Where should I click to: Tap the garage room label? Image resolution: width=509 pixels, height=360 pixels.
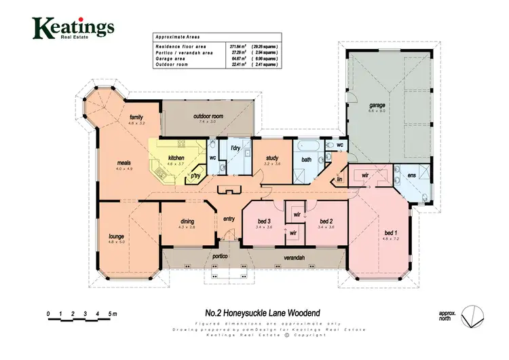tap(377, 106)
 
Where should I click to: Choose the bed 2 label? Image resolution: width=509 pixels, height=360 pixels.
tap(326, 221)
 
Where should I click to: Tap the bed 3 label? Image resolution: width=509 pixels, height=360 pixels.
tap(264, 221)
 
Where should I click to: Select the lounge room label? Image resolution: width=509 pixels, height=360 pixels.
tap(116, 236)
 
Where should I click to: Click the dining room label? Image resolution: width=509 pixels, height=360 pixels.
tap(187, 221)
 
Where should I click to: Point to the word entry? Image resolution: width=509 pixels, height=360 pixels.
tap(229, 219)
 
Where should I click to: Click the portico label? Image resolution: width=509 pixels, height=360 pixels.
tap(219, 257)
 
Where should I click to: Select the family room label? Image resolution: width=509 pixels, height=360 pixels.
tap(136, 118)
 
